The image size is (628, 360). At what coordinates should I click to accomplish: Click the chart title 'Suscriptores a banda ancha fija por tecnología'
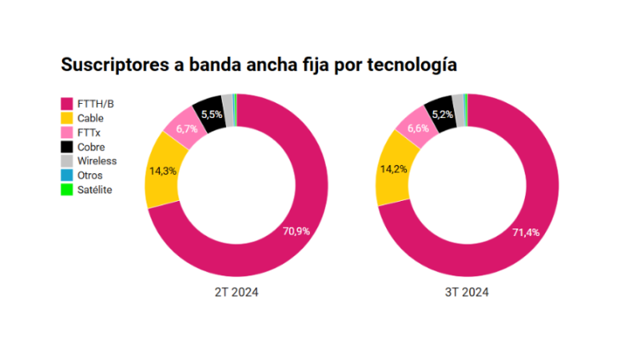point(258,64)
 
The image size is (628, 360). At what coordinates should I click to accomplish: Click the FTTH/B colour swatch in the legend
point(66,103)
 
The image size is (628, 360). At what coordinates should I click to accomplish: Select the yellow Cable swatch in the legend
point(66,117)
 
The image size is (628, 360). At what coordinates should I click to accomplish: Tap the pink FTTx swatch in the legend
point(66,131)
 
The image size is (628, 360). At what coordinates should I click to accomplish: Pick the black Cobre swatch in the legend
point(66,147)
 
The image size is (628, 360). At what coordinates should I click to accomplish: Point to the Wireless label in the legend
point(96,161)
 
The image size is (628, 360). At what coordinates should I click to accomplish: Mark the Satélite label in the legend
point(95,189)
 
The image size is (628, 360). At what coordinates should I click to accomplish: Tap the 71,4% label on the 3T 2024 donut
point(527,232)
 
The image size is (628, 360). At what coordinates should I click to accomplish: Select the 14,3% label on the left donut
point(162,170)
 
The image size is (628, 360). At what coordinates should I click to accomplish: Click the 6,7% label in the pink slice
point(186,129)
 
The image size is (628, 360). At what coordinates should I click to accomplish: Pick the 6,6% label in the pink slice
point(417,128)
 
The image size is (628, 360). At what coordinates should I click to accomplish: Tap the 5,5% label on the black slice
point(212,115)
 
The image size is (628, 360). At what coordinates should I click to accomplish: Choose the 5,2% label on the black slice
point(442,114)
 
